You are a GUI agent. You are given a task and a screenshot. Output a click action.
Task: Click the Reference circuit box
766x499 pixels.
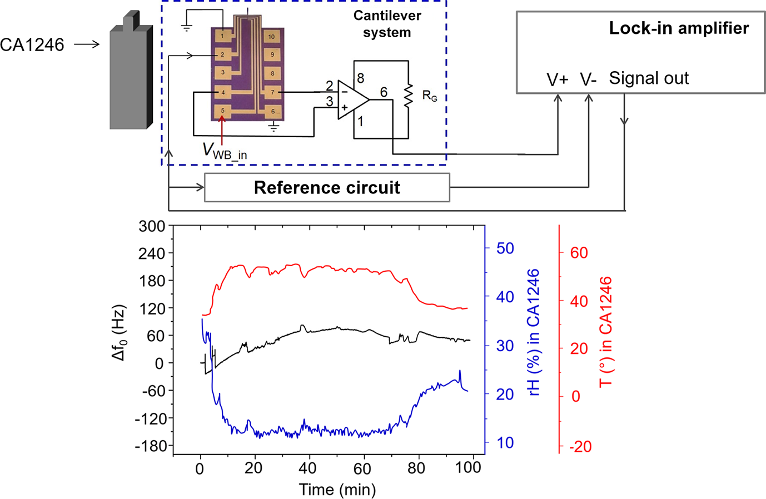coord(327,188)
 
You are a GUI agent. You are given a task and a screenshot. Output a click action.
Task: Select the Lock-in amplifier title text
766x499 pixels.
coord(679,28)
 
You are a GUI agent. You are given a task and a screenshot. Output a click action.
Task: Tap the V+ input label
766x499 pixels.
coord(558,80)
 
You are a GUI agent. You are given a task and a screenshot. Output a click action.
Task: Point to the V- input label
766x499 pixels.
coord(588,79)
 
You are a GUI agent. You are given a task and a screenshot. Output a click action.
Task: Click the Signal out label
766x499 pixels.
coord(649,78)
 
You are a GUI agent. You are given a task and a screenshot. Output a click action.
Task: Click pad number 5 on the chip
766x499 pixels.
coord(222,111)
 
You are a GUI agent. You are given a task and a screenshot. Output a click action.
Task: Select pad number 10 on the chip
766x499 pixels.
coord(272,37)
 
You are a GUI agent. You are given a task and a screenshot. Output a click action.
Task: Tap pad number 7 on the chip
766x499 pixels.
coord(272,92)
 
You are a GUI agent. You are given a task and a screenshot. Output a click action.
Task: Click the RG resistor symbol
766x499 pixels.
coord(409,95)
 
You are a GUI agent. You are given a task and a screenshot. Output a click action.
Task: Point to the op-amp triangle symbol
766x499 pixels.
coord(352,99)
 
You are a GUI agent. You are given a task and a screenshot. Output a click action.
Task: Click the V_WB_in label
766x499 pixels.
coord(225,152)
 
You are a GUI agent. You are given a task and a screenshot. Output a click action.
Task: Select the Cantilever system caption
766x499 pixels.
coord(387,24)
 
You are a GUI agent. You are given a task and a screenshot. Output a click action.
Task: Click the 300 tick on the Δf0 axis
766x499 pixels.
coord(152,226)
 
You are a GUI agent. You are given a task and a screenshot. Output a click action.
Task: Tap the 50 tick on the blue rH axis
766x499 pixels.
coord(505,248)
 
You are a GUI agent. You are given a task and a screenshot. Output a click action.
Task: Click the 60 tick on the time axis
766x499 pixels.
coord(362,468)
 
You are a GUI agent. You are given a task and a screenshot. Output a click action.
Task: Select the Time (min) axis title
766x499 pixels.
coord(337,490)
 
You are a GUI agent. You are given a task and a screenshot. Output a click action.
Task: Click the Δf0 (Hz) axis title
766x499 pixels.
coord(119,332)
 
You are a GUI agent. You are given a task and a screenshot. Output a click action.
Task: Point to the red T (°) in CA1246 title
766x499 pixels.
coord(606,332)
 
